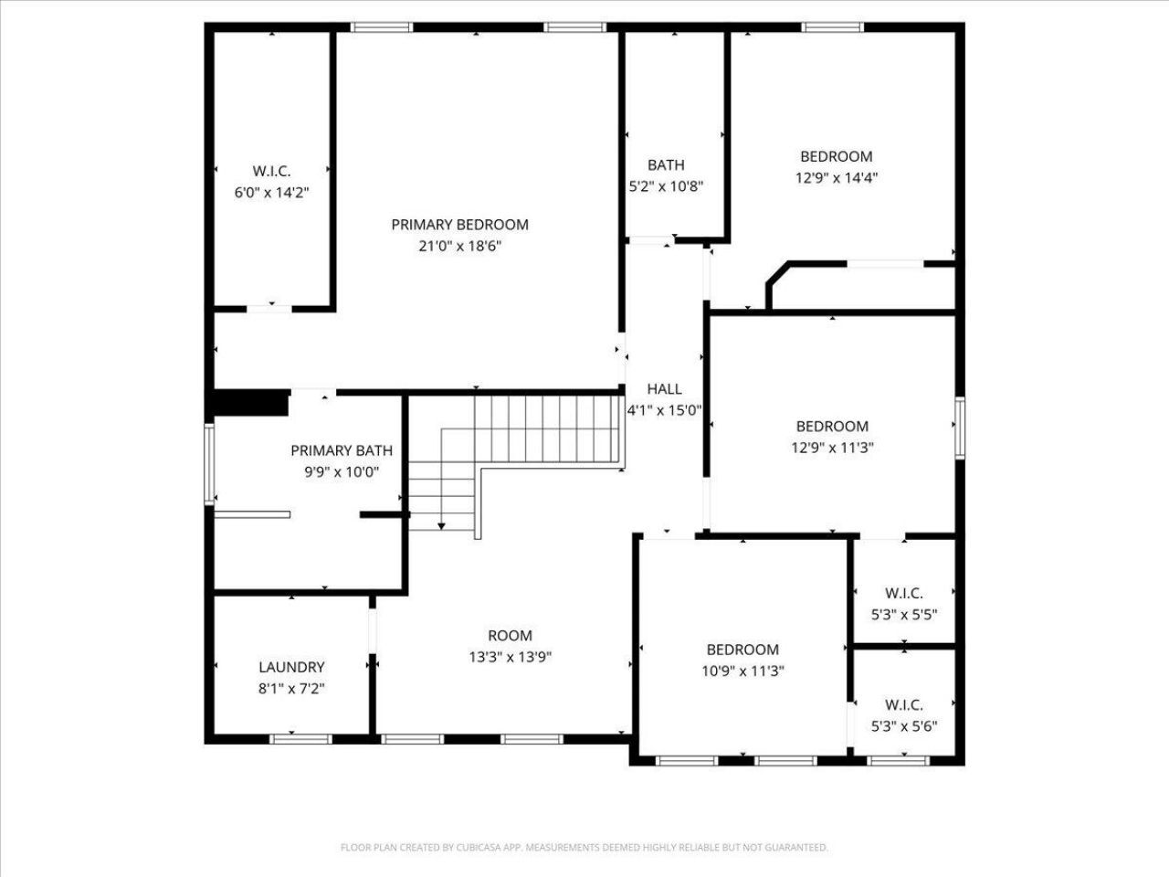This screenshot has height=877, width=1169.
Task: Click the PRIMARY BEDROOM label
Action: (459, 225)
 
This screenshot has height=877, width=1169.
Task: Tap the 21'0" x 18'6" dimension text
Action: (460, 246)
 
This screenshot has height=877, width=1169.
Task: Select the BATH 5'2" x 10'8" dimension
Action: (667, 186)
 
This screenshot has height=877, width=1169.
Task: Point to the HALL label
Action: (664, 389)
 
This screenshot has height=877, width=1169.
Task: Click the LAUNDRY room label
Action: (291, 667)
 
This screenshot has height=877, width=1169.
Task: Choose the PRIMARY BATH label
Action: (342, 450)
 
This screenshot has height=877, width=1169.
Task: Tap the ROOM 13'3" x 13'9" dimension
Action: (511, 657)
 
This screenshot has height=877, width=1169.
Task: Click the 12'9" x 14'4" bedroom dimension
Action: (837, 178)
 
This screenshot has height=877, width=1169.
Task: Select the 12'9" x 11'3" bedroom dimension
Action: (832, 448)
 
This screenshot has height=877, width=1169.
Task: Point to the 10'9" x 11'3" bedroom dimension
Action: (742, 671)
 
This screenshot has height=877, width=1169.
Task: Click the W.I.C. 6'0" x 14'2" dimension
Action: (271, 192)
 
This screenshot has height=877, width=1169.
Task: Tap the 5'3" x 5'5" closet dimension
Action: (904, 615)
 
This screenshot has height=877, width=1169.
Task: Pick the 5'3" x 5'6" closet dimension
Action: (904, 726)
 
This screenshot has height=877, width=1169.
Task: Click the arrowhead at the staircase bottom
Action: (441, 526)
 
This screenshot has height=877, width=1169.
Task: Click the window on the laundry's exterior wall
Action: (300, 739)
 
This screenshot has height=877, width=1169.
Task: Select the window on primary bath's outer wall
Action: (209, 464)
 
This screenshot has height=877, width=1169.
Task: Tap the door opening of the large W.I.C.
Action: (269, 308)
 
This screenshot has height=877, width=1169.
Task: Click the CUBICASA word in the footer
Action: (479, 847)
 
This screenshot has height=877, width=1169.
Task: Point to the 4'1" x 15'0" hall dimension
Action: (664, 410)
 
